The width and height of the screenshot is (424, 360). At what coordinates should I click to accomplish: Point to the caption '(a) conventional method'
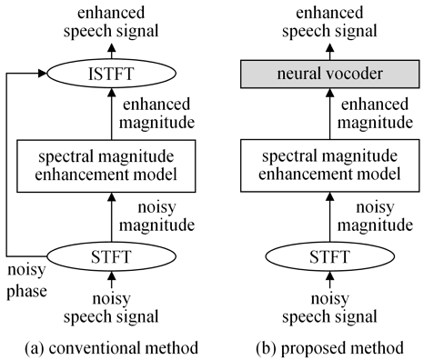point(110,346)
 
